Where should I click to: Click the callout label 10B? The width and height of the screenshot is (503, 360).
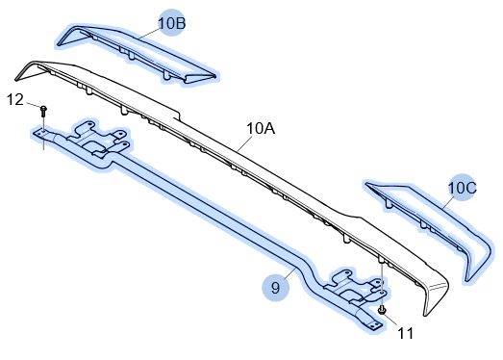[x=172, y=23]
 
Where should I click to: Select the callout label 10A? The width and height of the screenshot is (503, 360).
[x=261, y=128]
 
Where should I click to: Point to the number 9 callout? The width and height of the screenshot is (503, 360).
[x=276, y=287]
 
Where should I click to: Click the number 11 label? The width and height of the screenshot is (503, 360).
[x=406, y=333]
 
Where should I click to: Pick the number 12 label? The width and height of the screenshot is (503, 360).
[x=15, y=100]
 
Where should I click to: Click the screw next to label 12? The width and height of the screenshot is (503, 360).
[x=43, y=111]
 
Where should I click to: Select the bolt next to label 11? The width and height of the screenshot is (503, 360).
[x=382, y=310]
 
